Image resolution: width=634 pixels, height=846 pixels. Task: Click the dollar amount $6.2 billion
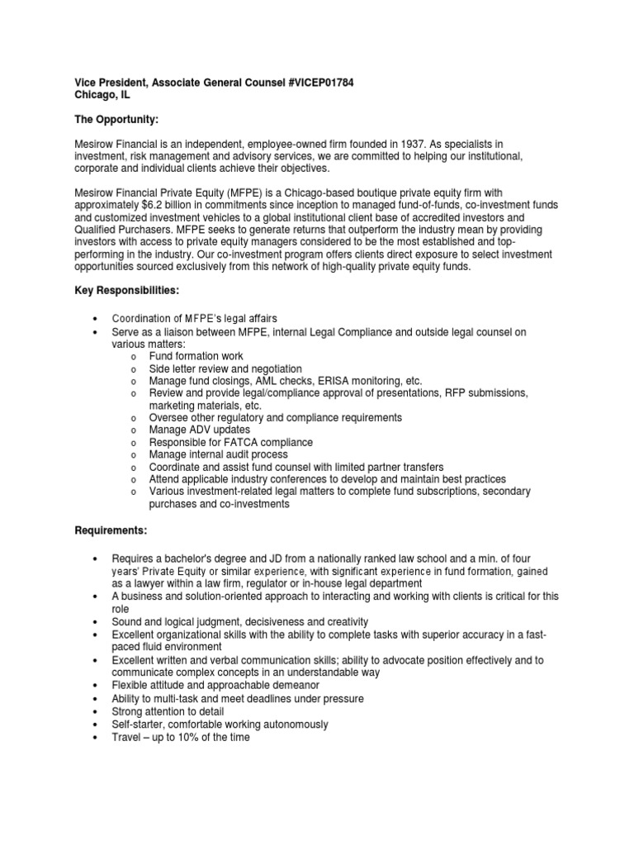click(168, 204)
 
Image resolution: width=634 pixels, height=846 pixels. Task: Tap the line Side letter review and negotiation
click(225, 368)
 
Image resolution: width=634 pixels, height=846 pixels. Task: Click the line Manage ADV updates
click(199, 430)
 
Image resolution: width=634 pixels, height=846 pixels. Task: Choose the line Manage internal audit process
click(218, 454)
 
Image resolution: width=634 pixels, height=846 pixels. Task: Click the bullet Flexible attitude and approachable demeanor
click(215, 686)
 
